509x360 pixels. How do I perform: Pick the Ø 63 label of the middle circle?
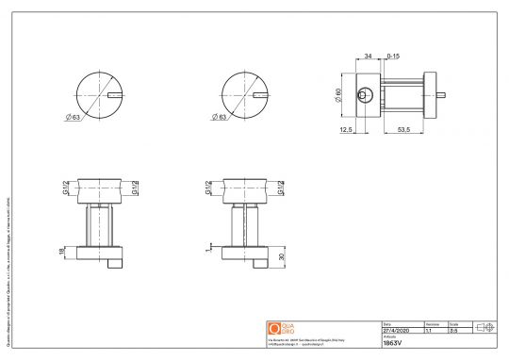pyautogui.click(x=222, y=119)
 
